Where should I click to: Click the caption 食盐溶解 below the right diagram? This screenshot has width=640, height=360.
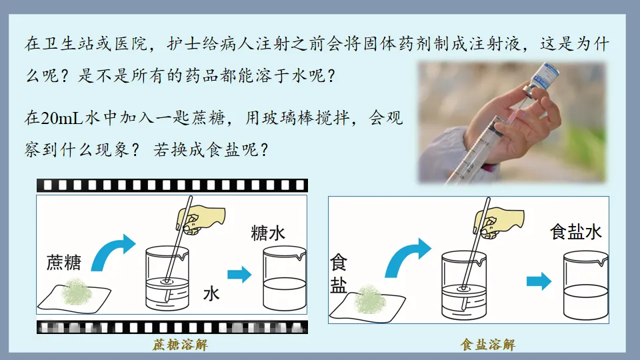[x=487, y=345]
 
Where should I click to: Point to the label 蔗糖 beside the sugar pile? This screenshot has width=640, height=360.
[x=63, y=263]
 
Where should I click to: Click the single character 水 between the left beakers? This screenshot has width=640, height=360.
[x=211, y=294]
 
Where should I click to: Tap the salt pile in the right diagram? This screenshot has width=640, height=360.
[x=371, y=299]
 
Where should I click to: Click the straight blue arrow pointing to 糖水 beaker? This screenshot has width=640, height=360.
[x=239, y=274]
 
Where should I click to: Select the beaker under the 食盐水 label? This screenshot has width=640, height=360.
[x=585, y=286]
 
